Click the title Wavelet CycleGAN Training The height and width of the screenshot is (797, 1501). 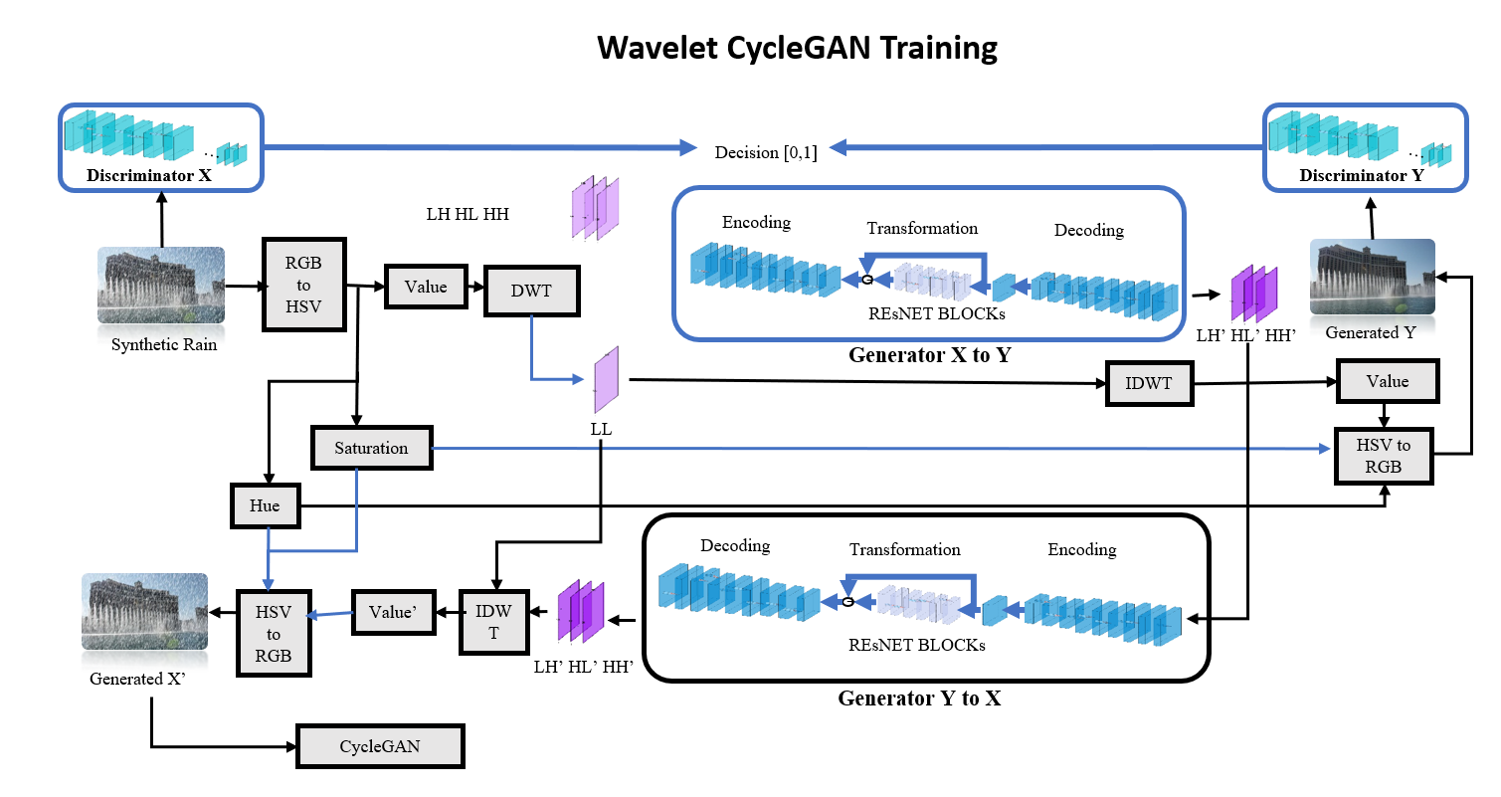tap(797, 47)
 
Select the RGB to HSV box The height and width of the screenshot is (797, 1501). tap(304, 285)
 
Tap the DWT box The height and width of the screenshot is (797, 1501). tap(531, 291)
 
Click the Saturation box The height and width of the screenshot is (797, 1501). tap(371, 448)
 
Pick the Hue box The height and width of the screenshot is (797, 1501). tap(265, 505)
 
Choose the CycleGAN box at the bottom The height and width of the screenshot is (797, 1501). tap(380, 746)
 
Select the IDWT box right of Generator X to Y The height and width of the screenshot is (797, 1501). tap(1149, 383)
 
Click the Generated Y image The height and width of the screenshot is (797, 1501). tap(1372, 280)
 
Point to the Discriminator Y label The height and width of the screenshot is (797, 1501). tap(1362, 175)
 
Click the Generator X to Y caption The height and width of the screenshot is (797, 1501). tap(929, 354)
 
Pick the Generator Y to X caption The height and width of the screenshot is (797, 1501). tap(919, 697)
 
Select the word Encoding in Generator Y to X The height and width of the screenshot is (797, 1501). tap(1082, 549)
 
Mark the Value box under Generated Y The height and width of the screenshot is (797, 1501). tap(1387, 381)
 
